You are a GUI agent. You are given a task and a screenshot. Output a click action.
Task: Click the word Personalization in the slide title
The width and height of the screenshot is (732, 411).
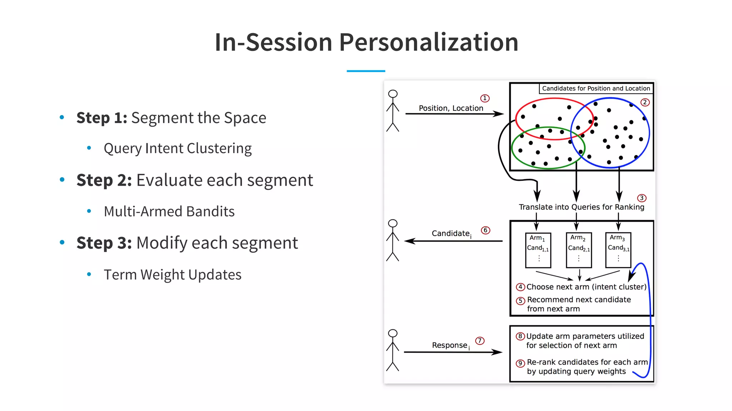tap(429, 42)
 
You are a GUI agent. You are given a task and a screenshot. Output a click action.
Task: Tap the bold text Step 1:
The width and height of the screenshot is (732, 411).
tap(102, 118)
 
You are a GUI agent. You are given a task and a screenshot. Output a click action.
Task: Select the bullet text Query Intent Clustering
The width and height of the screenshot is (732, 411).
tap(178, 148)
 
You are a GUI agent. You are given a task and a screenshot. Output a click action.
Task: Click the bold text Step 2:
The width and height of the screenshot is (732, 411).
tap(104, 180)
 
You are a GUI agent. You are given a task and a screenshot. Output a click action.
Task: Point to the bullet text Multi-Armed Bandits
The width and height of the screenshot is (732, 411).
tap(169, 212)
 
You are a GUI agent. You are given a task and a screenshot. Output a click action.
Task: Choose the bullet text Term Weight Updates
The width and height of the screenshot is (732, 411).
tap(173, 275)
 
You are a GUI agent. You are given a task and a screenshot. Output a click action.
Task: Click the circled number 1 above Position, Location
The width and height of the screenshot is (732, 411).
tap(485, 98)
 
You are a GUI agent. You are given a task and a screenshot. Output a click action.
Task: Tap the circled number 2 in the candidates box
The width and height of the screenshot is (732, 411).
tap(645, 102)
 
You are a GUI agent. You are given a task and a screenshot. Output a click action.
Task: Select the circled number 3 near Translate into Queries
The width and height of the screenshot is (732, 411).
tap(642, 198)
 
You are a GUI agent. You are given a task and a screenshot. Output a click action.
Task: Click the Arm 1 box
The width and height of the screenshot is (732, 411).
tap(538, 250)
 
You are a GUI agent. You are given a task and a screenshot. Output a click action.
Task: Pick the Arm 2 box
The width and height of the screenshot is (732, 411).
tap(579, 250)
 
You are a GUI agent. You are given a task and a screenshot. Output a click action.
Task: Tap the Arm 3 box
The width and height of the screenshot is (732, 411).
tap(618, 250)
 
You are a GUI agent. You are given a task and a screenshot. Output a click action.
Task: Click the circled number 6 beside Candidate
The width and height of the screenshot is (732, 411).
tap(485, 230)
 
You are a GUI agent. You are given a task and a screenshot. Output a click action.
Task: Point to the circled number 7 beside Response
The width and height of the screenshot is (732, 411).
tap(480, 341)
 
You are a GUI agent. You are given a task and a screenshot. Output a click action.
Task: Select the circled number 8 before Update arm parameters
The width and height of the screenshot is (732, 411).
tap(520, 336)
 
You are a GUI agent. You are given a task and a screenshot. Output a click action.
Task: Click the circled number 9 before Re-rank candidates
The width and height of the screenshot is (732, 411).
tap(520, 363)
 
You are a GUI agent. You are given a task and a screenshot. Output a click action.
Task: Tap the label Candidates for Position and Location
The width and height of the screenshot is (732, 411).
tap(596, 88)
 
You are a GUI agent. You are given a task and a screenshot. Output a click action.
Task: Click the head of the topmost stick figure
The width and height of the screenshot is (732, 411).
tap(393, 94)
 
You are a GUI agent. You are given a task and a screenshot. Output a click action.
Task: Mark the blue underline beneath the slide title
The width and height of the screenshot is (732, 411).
tap(366, 71)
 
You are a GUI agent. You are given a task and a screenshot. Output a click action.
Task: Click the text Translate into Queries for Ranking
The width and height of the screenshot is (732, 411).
tap(582, 207)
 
